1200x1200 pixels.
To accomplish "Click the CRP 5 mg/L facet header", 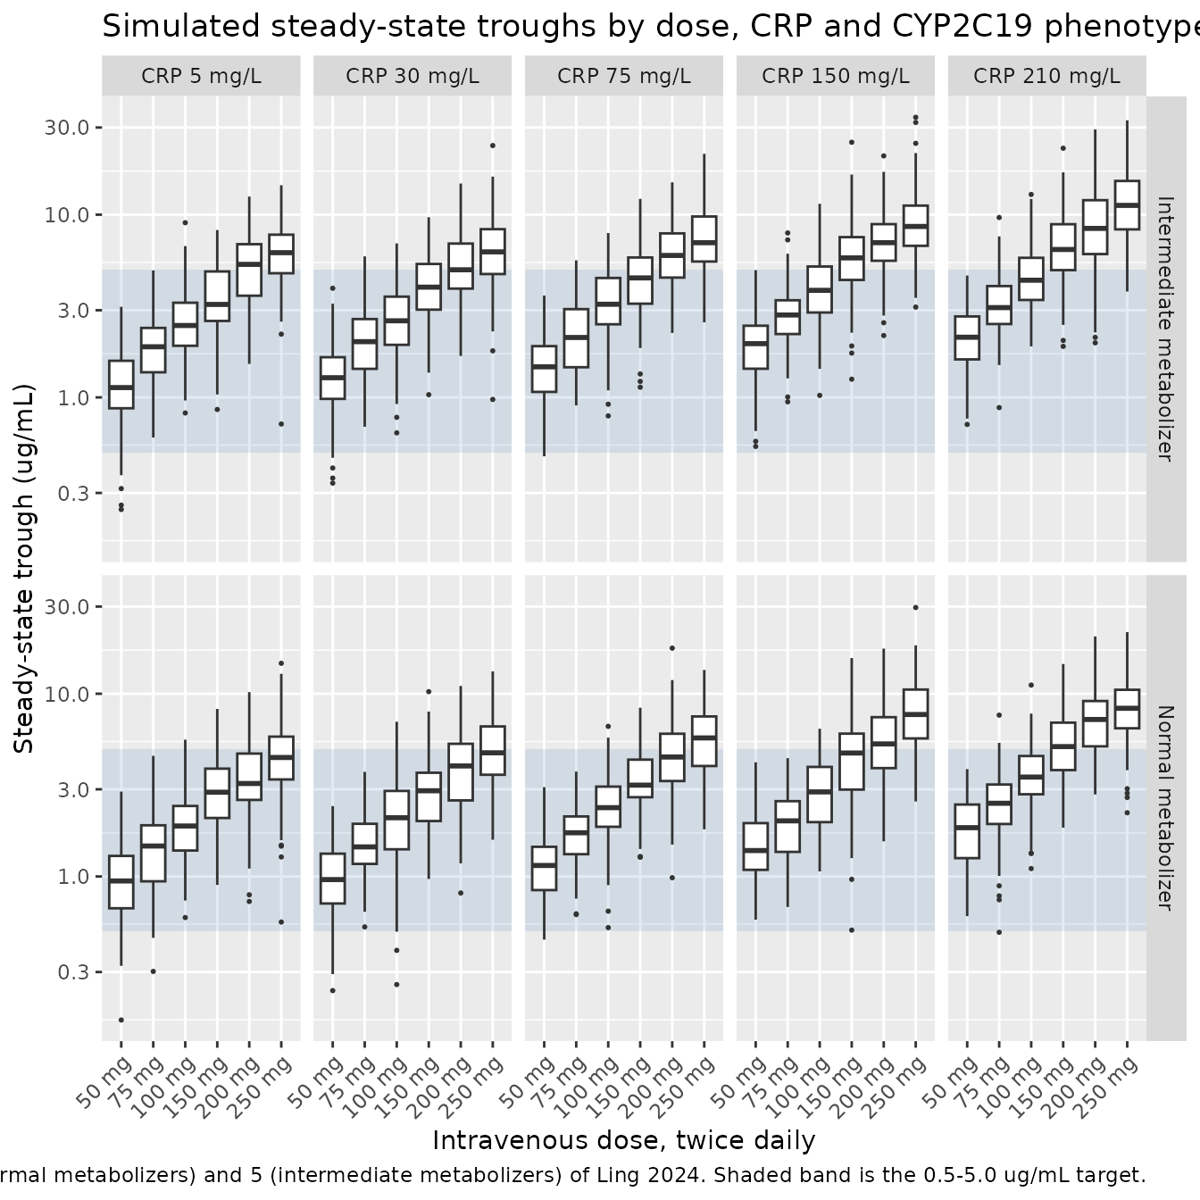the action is [x=201, y=76].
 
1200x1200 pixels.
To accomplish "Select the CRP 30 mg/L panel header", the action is [x=412, y=76].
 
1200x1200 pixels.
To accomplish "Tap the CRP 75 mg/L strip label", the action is [x=624, y=76].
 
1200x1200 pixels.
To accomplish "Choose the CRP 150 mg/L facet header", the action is [x=836, y=76].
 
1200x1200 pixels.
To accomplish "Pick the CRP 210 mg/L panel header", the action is [x=1046, y=76].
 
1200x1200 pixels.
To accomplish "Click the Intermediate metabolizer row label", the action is [x=1166, y=329].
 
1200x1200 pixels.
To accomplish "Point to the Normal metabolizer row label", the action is [x=1166, y=808].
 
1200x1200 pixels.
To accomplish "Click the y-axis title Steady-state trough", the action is [x=24, y=568].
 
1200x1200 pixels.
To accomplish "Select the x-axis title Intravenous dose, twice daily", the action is [x=624, y=1141].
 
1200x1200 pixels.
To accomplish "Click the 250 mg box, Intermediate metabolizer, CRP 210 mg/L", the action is [x=1127, y=204].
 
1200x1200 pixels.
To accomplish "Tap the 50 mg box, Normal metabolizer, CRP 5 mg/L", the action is [x=121, y=882].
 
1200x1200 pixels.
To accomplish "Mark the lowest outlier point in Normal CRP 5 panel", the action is [x=121, y=1020].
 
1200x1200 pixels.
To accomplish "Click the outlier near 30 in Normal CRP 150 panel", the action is [x=915, y=608].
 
